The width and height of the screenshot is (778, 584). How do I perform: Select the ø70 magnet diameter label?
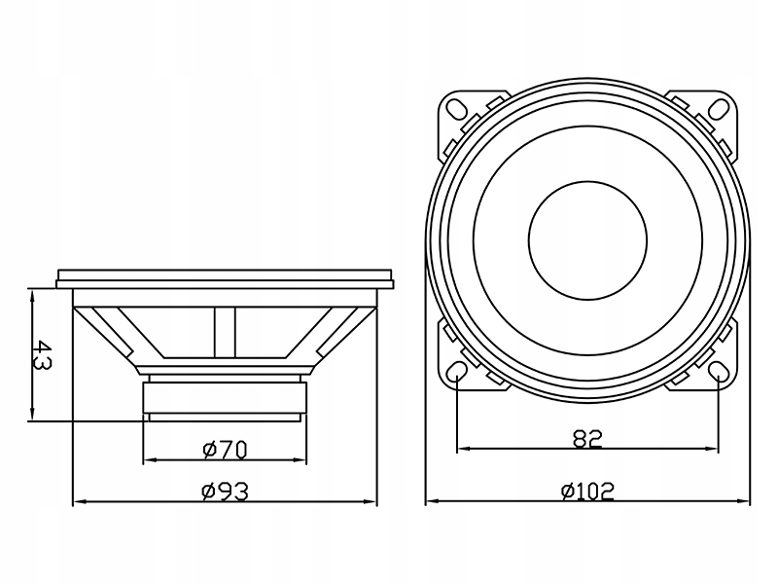(225, 449)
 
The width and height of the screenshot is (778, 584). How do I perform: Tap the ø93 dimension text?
(225, 492)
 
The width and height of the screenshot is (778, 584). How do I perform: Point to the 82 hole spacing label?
(586, 438)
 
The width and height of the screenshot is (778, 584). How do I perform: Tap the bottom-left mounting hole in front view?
(455, 374)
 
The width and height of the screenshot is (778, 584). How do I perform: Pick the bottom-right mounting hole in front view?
(719, 374)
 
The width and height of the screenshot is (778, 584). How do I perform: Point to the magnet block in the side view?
(225, 397)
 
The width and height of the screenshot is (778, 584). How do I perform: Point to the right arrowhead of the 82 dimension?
(713, 449)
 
